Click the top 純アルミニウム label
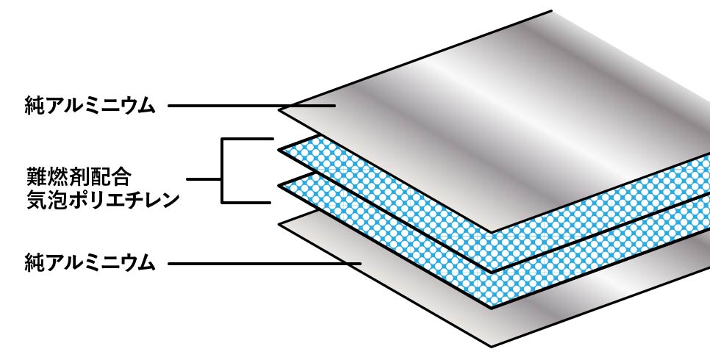[90, 107]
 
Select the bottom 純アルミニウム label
[90, 263]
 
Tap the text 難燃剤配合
[79, 176]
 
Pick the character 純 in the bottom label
[34, 263]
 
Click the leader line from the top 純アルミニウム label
[251, 106]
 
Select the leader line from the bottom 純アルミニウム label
[265, 263]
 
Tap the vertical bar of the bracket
[222, 170]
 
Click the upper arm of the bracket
[247, 139]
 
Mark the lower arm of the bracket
[246, 203]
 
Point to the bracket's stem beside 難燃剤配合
[204, 179]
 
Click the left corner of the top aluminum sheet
[279, 109]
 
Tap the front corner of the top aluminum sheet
[492, 232]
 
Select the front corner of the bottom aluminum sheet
[492, 347]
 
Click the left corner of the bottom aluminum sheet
[279, 224]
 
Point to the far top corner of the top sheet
[551, 11]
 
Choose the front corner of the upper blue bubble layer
[492, 271]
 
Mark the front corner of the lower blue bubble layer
[492, 308]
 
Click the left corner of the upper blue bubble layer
[279, 149]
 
